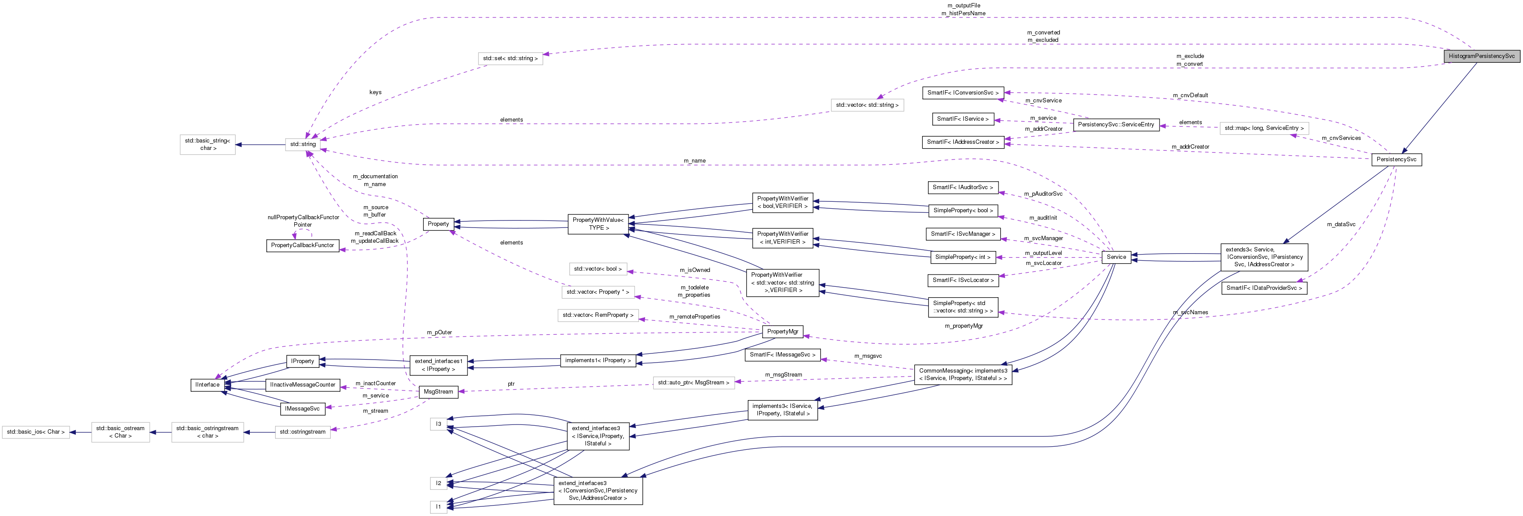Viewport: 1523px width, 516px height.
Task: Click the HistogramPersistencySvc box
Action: [x=1481, y=56]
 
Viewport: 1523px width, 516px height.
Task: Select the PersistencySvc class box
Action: [x=1396, y=159]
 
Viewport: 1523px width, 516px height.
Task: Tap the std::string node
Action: [x=303, y=144]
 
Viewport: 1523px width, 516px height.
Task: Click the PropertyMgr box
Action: [x=782, y=331]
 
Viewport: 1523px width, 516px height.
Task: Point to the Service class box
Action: [x=1116, y=257]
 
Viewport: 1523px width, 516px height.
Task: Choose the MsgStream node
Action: [x=438, y=392]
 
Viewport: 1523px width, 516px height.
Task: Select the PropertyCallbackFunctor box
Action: [x=302, y=245]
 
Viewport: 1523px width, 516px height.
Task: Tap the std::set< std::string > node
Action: [x=510, y=58]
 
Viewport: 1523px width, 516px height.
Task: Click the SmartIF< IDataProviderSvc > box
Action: [x=1264, y=288]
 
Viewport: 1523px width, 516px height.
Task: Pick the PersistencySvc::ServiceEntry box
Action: [x=1116, y=125]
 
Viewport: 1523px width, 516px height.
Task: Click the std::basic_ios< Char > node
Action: [x=35, y=432]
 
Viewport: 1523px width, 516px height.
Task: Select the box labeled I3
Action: [x=438, y=424]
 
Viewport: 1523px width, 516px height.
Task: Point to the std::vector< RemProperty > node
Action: [x=598, y=316]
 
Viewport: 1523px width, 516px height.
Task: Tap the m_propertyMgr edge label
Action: [x=963, y=326]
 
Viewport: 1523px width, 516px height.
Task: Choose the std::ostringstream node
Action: [x=302, y=432]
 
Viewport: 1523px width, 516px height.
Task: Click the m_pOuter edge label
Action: [x=439, y=333]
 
